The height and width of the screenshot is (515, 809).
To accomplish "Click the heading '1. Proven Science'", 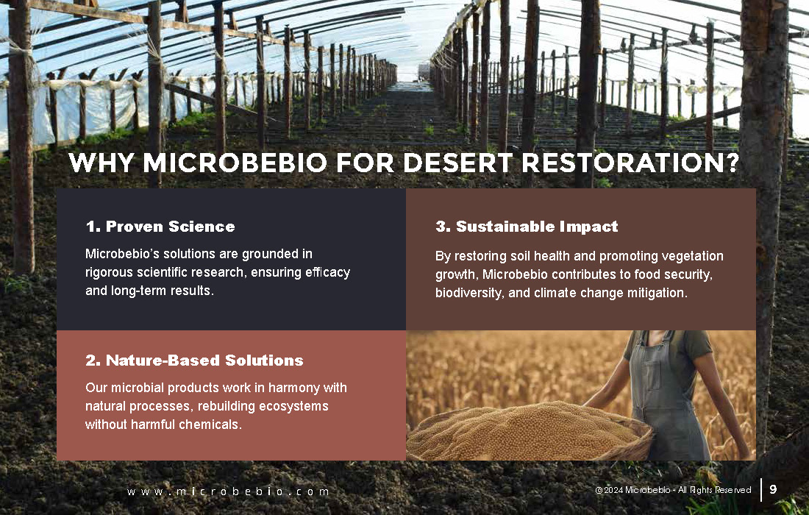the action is pos(160,227).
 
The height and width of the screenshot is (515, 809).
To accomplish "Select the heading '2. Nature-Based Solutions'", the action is pos(194,360).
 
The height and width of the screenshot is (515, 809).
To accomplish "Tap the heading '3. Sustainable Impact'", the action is pos(527,227).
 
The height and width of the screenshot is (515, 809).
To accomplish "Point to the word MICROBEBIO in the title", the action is pos(235,163).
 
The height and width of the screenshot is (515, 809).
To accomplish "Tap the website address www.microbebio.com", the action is pos(227,491).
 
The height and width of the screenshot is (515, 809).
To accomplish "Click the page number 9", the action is pos(773,489).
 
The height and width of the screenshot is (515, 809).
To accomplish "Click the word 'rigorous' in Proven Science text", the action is pos(107,272).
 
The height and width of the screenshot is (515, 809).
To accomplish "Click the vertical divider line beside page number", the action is pos(761,490).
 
